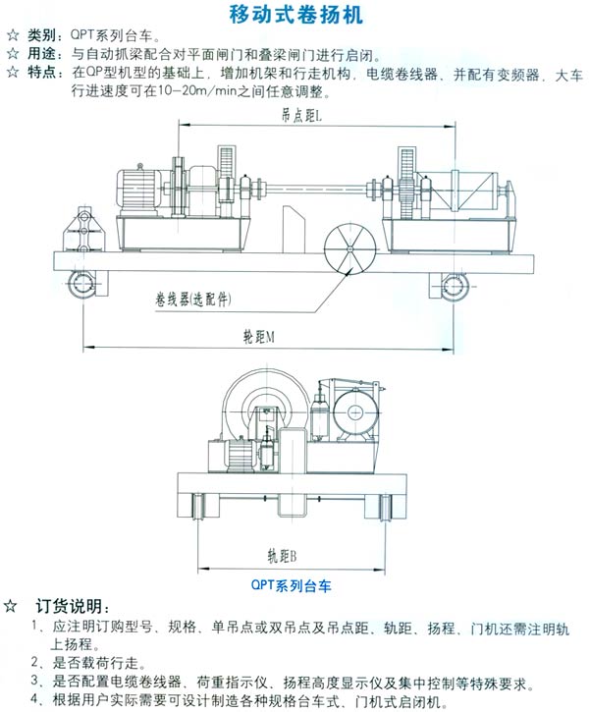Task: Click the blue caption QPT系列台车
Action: coord(291,584)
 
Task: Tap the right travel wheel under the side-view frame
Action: coord(454,286)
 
